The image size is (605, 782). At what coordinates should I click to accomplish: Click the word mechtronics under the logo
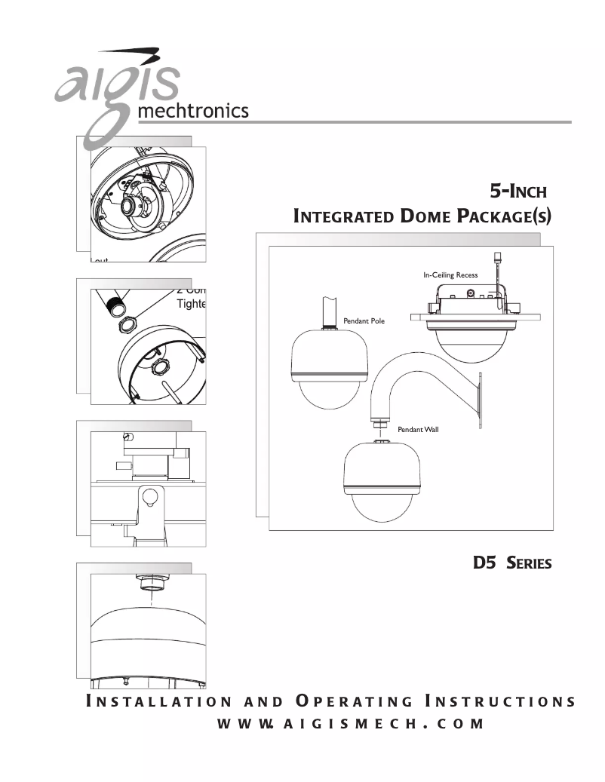192,112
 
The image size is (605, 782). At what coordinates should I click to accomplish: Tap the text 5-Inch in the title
518,189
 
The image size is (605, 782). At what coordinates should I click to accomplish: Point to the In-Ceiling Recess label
450,275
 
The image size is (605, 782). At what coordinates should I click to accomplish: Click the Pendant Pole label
364,321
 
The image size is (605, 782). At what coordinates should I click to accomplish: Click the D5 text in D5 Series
484,562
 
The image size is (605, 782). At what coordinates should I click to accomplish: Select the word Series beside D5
529,563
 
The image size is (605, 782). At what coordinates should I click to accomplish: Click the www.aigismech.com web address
350,724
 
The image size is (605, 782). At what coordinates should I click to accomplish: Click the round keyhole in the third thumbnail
149,497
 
